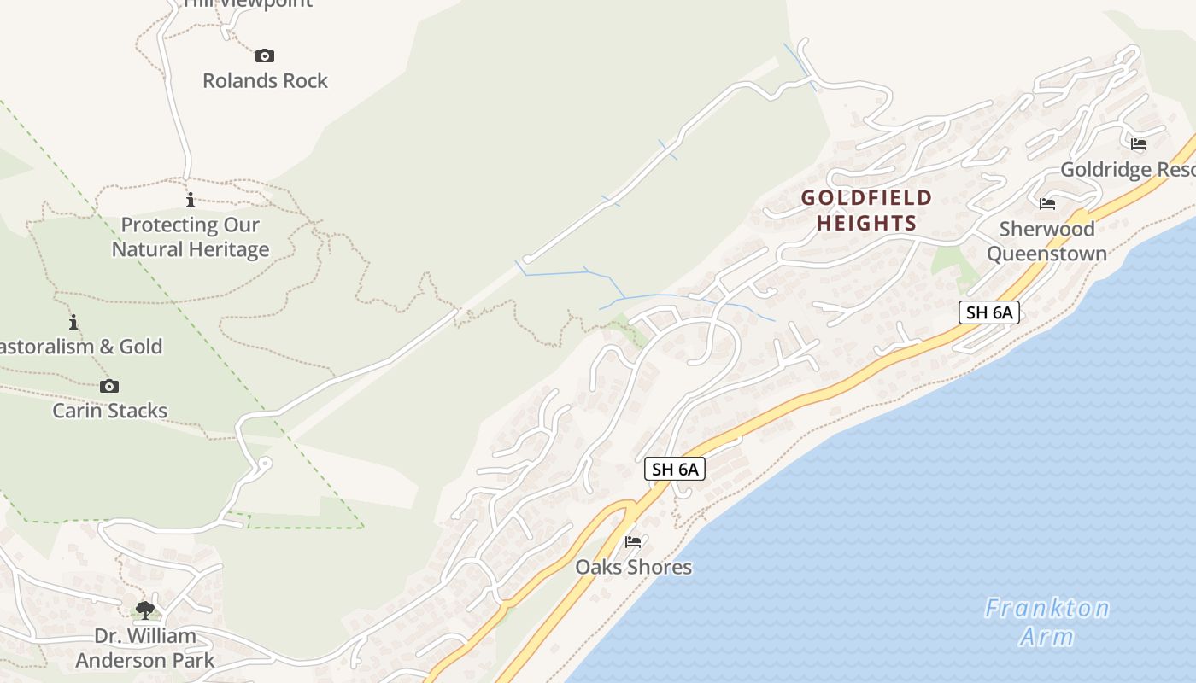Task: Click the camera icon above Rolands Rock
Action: [x=265, y=56]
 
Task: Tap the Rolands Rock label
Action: [x=265, y=80]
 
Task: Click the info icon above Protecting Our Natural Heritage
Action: [x=191, y=201]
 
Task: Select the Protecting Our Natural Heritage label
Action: [x=191, y=237]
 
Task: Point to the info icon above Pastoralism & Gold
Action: [x=73, y=322]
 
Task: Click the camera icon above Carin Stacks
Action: [x=109, y=386]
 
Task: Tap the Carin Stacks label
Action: [x=110, y=411]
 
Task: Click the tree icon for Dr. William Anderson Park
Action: [x=145, y=610]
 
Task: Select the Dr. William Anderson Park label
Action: [x=145, y=648]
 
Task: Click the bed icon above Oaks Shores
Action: [x=633, y=541]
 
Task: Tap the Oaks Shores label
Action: [x=633, y=567]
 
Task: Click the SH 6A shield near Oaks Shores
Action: [x=675, y=469]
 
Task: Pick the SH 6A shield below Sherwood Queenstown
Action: [x=989, y=312]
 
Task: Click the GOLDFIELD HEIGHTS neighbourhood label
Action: [x=866, y=211]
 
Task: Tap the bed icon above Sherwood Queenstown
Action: [x=1047, y=203]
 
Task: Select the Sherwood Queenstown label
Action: [x=1046, y=241]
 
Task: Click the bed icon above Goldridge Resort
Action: [x=1139, y=143]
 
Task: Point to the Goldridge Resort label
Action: [x=1127, y=169]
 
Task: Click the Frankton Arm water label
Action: [x=1046, y=622]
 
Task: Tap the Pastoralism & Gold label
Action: [x=81, y=347]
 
